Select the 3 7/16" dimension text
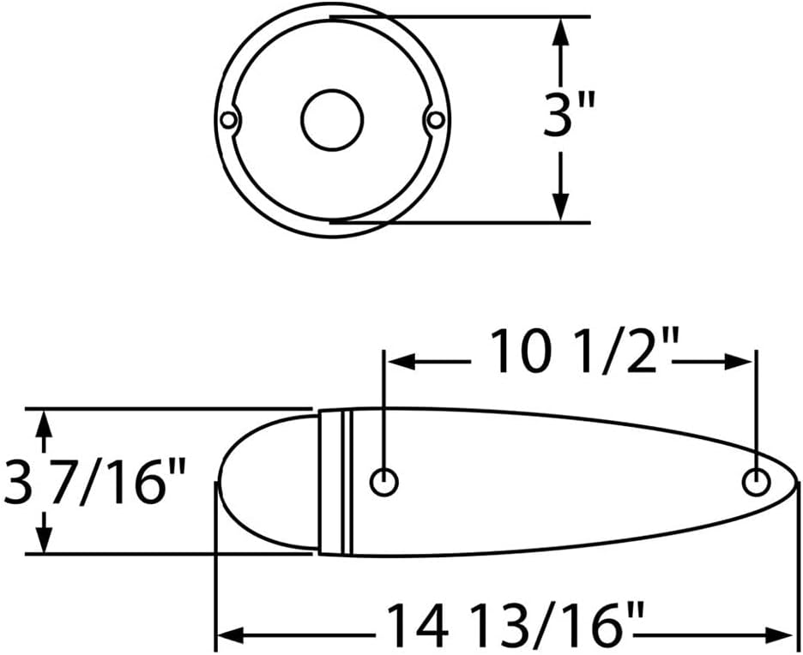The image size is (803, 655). click(94, 483)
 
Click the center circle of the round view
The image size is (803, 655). click(332, 120)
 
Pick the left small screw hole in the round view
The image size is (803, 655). click(228, 120)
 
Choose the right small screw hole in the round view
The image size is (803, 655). click(437, 120)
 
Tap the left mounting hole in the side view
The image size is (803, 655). click(384, 482)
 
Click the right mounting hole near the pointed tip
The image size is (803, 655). click(757, 482)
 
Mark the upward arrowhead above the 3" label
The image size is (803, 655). click(562, 33)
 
